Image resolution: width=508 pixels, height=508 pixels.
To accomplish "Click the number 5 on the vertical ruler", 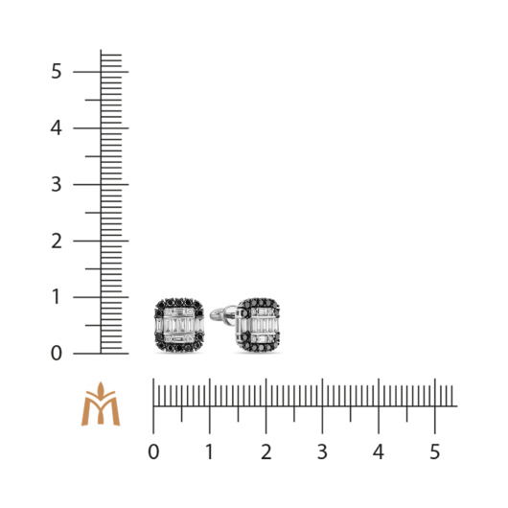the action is pyautogui.click(x=56, y=71).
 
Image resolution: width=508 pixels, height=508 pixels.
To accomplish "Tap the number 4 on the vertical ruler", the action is pyautogui.click(x=56, y=128).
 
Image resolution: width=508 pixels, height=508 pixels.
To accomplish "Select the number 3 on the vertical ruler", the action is pyautogui.click(x=56, y=184).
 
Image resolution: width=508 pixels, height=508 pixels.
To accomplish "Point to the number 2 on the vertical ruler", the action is pyautogui.click(x=57, y=241).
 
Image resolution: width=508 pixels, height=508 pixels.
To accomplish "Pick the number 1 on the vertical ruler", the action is pyautogui.click(x=57, y=297).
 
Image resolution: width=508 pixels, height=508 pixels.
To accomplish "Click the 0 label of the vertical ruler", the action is pyautogui.click(x=57, y=353).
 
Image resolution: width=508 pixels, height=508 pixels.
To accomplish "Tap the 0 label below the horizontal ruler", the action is pyautogui.click(x=153, y=451).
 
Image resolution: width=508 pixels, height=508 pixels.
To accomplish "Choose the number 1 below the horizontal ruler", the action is pyautogui.click(x=210, y=451).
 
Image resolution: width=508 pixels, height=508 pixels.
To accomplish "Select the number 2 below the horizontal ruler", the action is pyautogui.click(x=266, y=451).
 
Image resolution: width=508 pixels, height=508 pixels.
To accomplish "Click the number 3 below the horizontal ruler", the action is pyautogui.click(x=322, y=451).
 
